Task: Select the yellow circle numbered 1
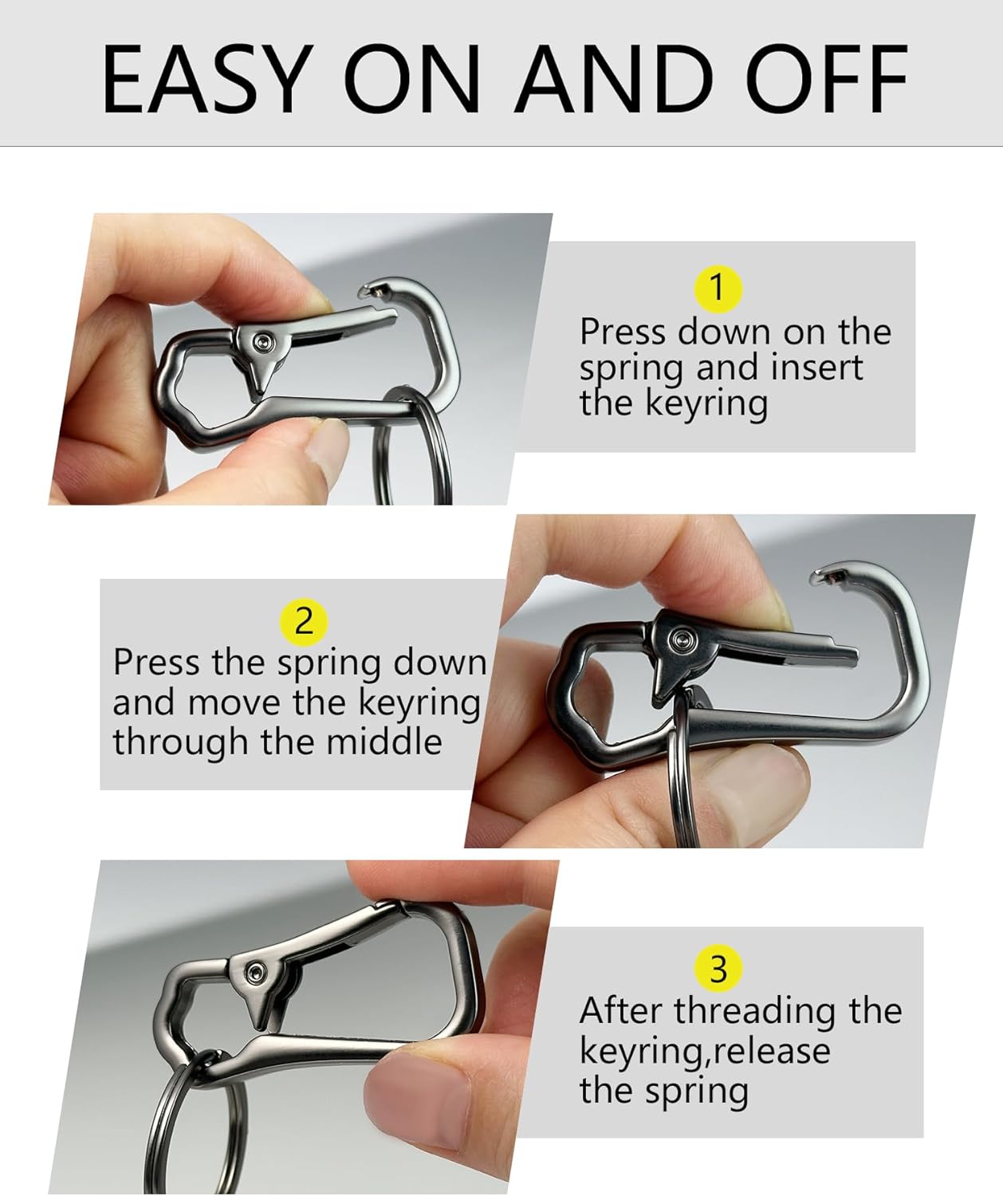718,287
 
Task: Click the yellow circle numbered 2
303,620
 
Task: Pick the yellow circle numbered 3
718,968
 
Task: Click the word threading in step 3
756,1012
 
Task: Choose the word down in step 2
440,663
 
